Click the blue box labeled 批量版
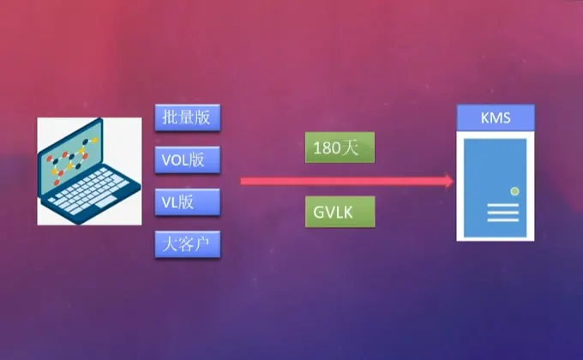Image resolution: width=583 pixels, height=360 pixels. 188,117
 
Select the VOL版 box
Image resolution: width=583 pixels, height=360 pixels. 188,159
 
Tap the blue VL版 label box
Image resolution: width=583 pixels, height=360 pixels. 188,202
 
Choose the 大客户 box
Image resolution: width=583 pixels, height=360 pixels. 188,245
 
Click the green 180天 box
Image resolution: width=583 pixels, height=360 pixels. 340,147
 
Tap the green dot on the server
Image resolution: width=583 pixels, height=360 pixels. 514,189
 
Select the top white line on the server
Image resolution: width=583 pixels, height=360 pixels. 503,206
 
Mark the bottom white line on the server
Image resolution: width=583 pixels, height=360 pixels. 503,220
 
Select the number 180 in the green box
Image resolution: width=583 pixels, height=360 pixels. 327,147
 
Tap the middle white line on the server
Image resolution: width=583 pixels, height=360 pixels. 503,213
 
